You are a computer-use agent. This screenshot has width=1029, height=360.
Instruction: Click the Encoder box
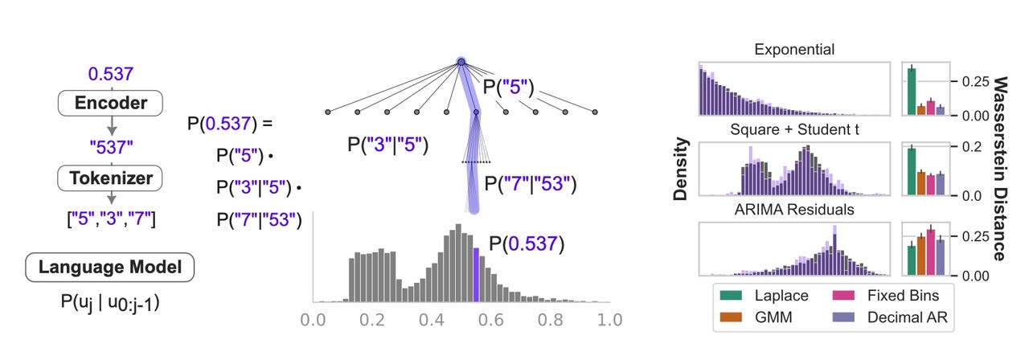(111, 103)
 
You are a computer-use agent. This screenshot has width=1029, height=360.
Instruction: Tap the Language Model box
(111, 268)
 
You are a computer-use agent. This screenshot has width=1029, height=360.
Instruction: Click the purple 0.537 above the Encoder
(111, 74)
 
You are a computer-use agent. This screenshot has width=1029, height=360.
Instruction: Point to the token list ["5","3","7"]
(111, 216)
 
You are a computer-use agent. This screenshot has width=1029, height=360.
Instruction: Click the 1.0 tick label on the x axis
(609, 320)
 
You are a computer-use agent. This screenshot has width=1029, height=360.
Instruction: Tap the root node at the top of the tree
(461, 61)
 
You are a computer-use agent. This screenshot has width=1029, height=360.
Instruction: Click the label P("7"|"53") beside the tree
(531, 185)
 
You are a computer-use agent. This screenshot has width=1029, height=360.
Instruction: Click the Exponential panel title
(794, 50)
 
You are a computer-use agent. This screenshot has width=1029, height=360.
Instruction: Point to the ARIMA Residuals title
(794, 211)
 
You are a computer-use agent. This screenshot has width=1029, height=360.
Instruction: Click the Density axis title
(680, 169)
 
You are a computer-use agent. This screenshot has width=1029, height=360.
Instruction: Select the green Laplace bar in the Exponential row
(912, 92)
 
